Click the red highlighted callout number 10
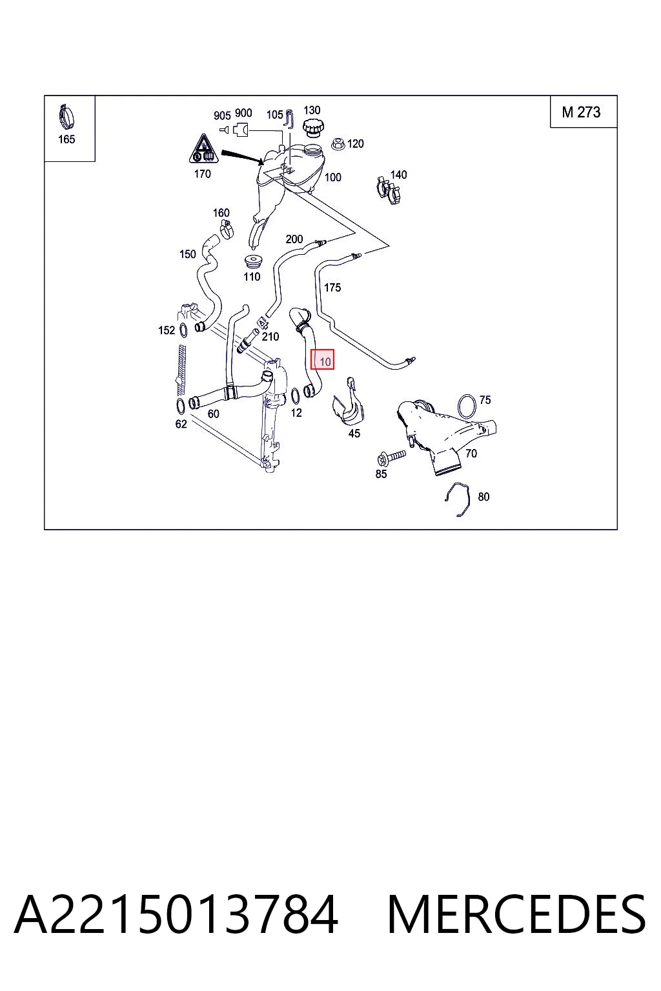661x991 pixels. coord(322,359)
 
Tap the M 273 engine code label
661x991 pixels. coord(581,112)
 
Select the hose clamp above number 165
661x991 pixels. coord(66,117)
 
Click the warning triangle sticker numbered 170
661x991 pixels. coord(203,148)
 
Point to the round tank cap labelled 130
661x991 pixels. coord(312,127)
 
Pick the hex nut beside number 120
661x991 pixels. coord(338,144)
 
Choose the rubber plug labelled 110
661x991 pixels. coord(252,261)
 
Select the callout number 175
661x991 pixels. coord(332,288)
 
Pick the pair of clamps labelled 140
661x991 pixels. coord(389,190)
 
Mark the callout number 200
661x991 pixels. coord(294,239)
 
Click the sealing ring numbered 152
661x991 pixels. coord(183,330)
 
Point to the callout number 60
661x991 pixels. coord(214,414)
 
